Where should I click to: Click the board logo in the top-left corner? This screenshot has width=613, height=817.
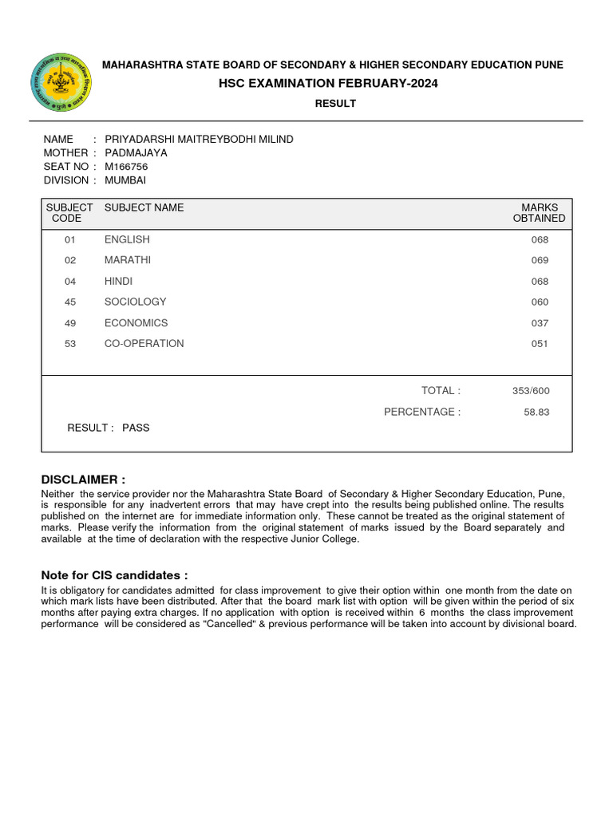61,83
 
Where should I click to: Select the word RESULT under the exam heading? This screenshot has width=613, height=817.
335,104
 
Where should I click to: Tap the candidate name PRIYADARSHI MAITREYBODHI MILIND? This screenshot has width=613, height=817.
199,140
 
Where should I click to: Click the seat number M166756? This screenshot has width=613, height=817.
126,167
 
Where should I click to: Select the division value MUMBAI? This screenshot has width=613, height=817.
125,180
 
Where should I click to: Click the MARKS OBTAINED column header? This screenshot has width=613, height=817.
539,213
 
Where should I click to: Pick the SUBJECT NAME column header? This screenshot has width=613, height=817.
144,207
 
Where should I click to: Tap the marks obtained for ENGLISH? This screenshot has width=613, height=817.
540,240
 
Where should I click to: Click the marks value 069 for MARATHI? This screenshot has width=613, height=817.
540,261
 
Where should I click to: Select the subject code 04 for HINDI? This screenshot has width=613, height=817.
69,282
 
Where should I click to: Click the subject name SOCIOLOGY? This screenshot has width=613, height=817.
135,302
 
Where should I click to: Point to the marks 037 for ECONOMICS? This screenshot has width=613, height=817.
540,323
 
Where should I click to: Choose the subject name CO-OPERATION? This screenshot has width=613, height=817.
144,344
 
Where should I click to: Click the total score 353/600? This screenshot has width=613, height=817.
531,391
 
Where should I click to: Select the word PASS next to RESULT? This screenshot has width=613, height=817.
136,428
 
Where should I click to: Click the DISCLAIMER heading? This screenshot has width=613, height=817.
83,480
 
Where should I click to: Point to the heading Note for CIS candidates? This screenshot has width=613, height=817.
114,575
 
